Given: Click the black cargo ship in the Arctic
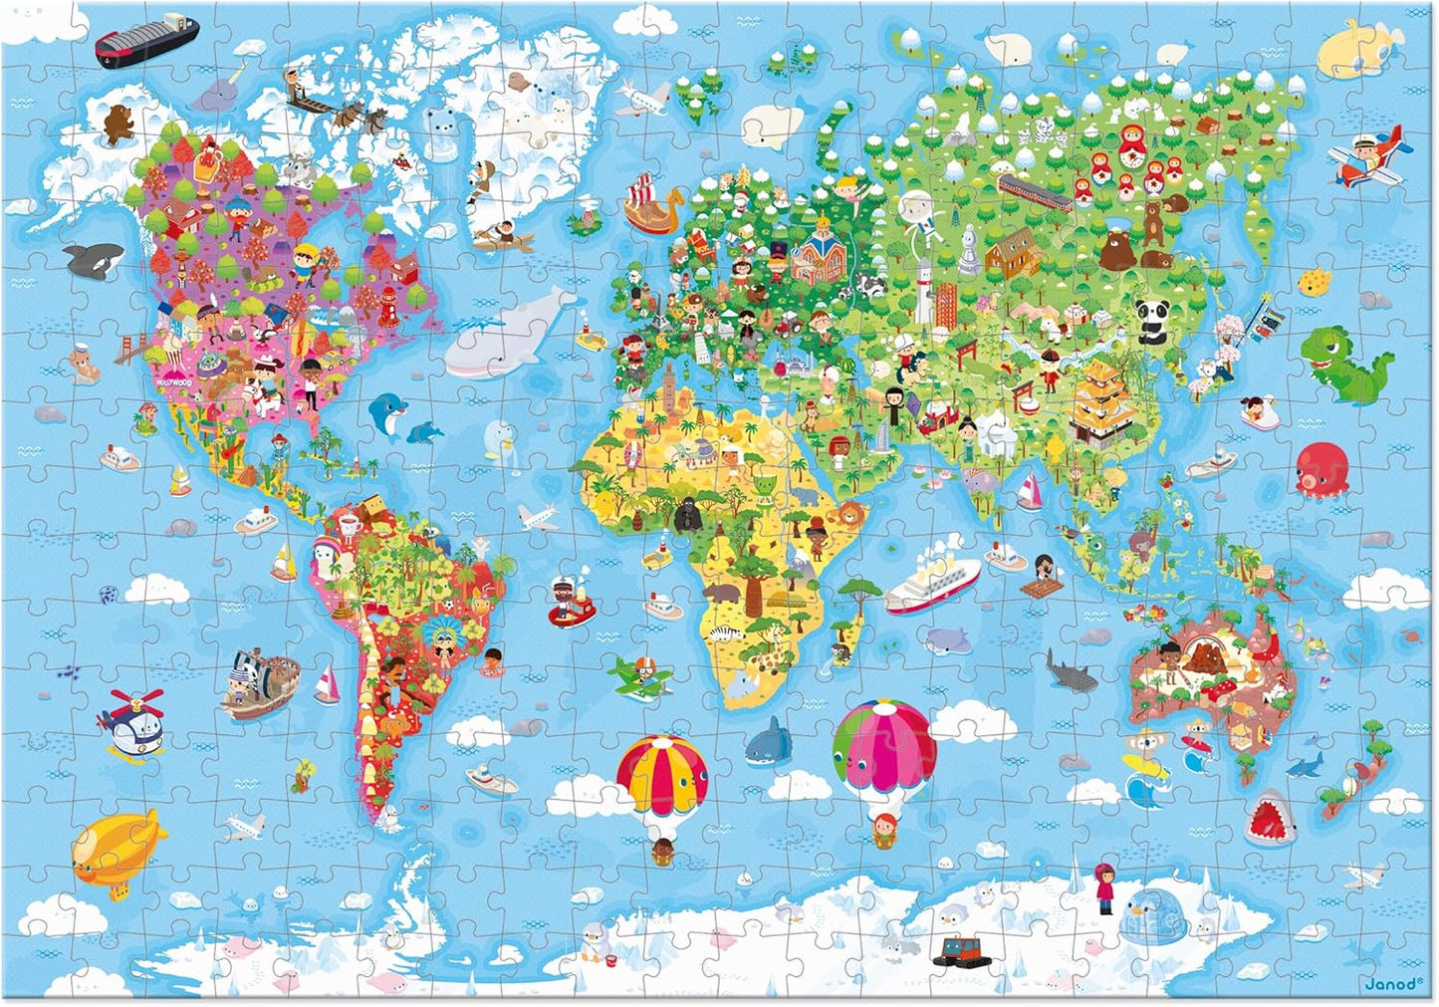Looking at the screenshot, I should coord(145,39).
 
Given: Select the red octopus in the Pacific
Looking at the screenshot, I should coord(1321,467).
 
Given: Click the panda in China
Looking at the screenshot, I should coord(1152,321).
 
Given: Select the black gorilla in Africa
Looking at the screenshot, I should coord(688,515).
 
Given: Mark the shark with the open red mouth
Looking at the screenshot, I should coord(1270,818).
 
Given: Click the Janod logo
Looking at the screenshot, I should coord(1392,984).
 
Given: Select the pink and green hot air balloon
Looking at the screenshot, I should coord(884,748).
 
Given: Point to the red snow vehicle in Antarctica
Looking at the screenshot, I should coord(960,950).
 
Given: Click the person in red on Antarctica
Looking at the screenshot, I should coord(1104,887).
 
